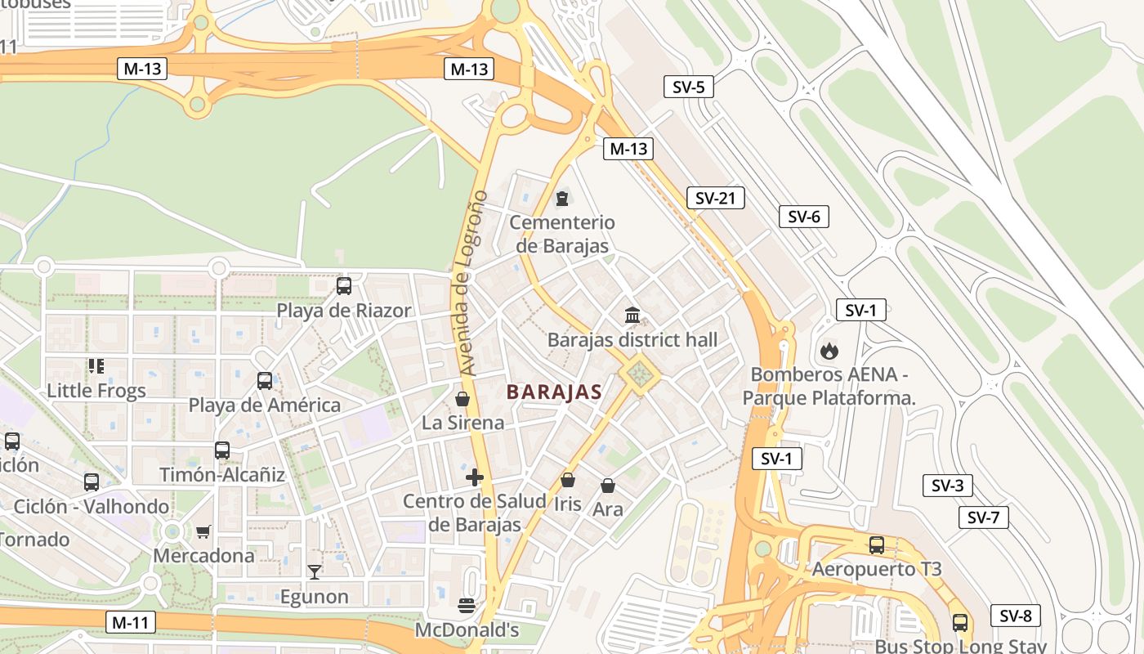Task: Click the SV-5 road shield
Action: click(x=688, y=87)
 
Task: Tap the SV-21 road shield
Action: click(x=715, y=198)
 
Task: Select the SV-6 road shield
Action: click(x=803, y=217)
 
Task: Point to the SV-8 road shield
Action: click(x=1015, y=616)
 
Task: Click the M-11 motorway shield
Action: click(x=130, y=622)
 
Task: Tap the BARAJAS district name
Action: click(x=554, y=392)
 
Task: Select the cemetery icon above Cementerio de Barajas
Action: click(x=562, y=198)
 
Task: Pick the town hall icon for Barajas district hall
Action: click(x=632, y=316)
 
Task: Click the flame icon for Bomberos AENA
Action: click(x=829, y=352)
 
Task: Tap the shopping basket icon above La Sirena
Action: click(x=463, y=399)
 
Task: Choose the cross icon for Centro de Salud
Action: click(x=474, y=477)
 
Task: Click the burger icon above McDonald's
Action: click(x=467, y=606)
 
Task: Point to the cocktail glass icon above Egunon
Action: click(x=314, y=571)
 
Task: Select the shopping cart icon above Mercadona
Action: click(x=203, y=531)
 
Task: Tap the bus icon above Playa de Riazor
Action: click(x=344, y=286)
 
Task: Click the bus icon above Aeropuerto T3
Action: click(x=877, y=544)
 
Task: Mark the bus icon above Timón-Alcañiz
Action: click(x=222, y=450)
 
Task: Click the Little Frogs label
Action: click(x=96, y=390)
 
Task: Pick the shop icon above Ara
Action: click(x=607, y=486)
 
